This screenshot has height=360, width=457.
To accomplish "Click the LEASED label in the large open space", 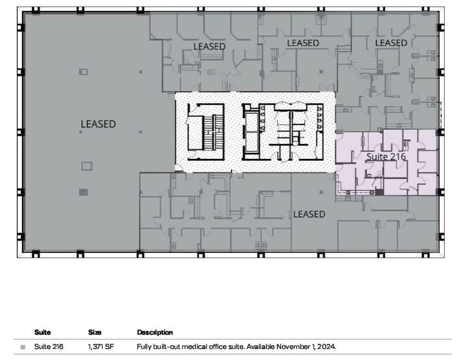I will pyautogui.click(x=98, y=124).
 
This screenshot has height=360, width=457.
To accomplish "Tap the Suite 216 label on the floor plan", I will pyautogui.click(x=386, y=157).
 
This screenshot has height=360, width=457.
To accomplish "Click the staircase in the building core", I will pyautogui.click(x=206, y=132).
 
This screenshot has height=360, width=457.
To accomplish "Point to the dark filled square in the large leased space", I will pyautogui.click(x=83, y=192).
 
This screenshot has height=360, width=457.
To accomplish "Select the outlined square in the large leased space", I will pyautogui.click(x=86, y=166).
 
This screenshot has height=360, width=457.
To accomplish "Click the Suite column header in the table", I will pyautogui.click(x=42, y=332).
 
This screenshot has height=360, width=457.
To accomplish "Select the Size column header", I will pyautogui.click(x=95, y=332).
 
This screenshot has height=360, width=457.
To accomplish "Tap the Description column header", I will pyautogui.click(x=154, y=332).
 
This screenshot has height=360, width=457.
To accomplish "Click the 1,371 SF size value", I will pyautogui.click(x=101, y=347).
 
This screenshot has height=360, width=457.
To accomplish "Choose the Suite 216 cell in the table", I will pyautogui.click(x=49, y=347).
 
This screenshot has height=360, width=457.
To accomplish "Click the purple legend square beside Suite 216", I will pyautogui.click(x=23, y=347).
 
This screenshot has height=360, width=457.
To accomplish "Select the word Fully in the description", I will pyautogui.click(x=145, y=347).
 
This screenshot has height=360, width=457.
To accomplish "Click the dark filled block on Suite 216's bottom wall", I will pyautogui.click(x=380, y=192).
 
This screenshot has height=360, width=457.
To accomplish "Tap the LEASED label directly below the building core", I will pyautogui.click(x=309, y=214).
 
